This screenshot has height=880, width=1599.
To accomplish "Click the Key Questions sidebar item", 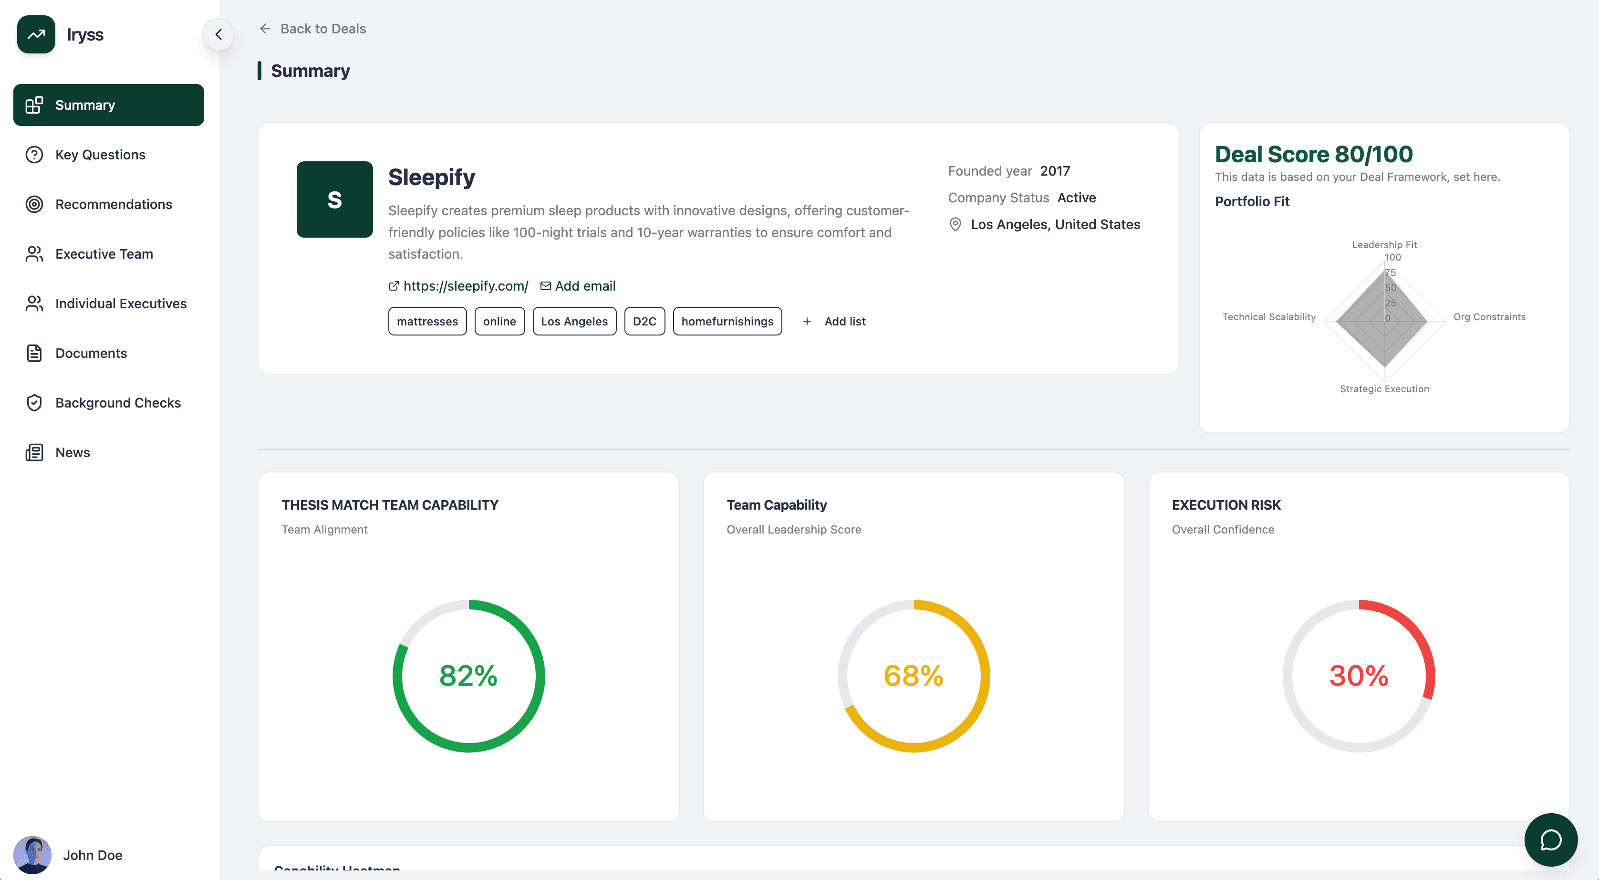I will (x=100, y=155).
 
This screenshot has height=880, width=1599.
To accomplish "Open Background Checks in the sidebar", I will (x=117, y=403).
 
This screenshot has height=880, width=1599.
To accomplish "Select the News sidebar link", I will (x=72, y=453).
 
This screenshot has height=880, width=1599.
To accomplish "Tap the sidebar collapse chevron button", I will (x=218, y=35).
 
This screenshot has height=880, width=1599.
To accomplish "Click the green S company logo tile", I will (x=334, y=200).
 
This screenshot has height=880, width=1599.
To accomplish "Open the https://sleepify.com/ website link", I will (x=465, y=286).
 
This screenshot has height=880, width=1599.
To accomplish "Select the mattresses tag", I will (x=427, y=321).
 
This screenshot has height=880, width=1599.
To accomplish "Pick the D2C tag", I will (x=644, y=321).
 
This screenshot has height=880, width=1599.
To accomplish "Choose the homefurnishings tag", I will (x=727, y=321).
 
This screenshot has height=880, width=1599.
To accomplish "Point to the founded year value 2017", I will (x=1055, y=171).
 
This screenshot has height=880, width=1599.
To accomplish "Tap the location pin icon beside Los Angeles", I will (x=955, y=224).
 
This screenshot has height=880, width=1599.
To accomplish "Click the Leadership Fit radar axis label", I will (x=1384, y=245).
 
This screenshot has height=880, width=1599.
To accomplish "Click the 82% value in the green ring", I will (x=468, y=676).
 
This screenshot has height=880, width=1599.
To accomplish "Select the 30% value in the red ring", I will (x=1358, y=676).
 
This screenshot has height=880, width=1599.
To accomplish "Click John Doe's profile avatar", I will (x=32, y=855).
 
